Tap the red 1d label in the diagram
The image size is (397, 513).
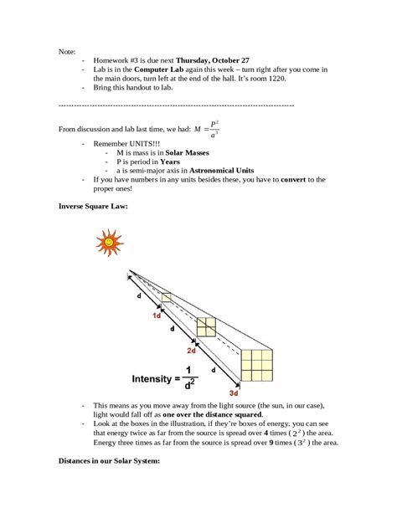click(157, 315)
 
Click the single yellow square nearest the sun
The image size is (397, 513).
click(167, 298)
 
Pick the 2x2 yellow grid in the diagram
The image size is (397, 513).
click(206, 327)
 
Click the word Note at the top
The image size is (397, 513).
click(67, 50)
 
